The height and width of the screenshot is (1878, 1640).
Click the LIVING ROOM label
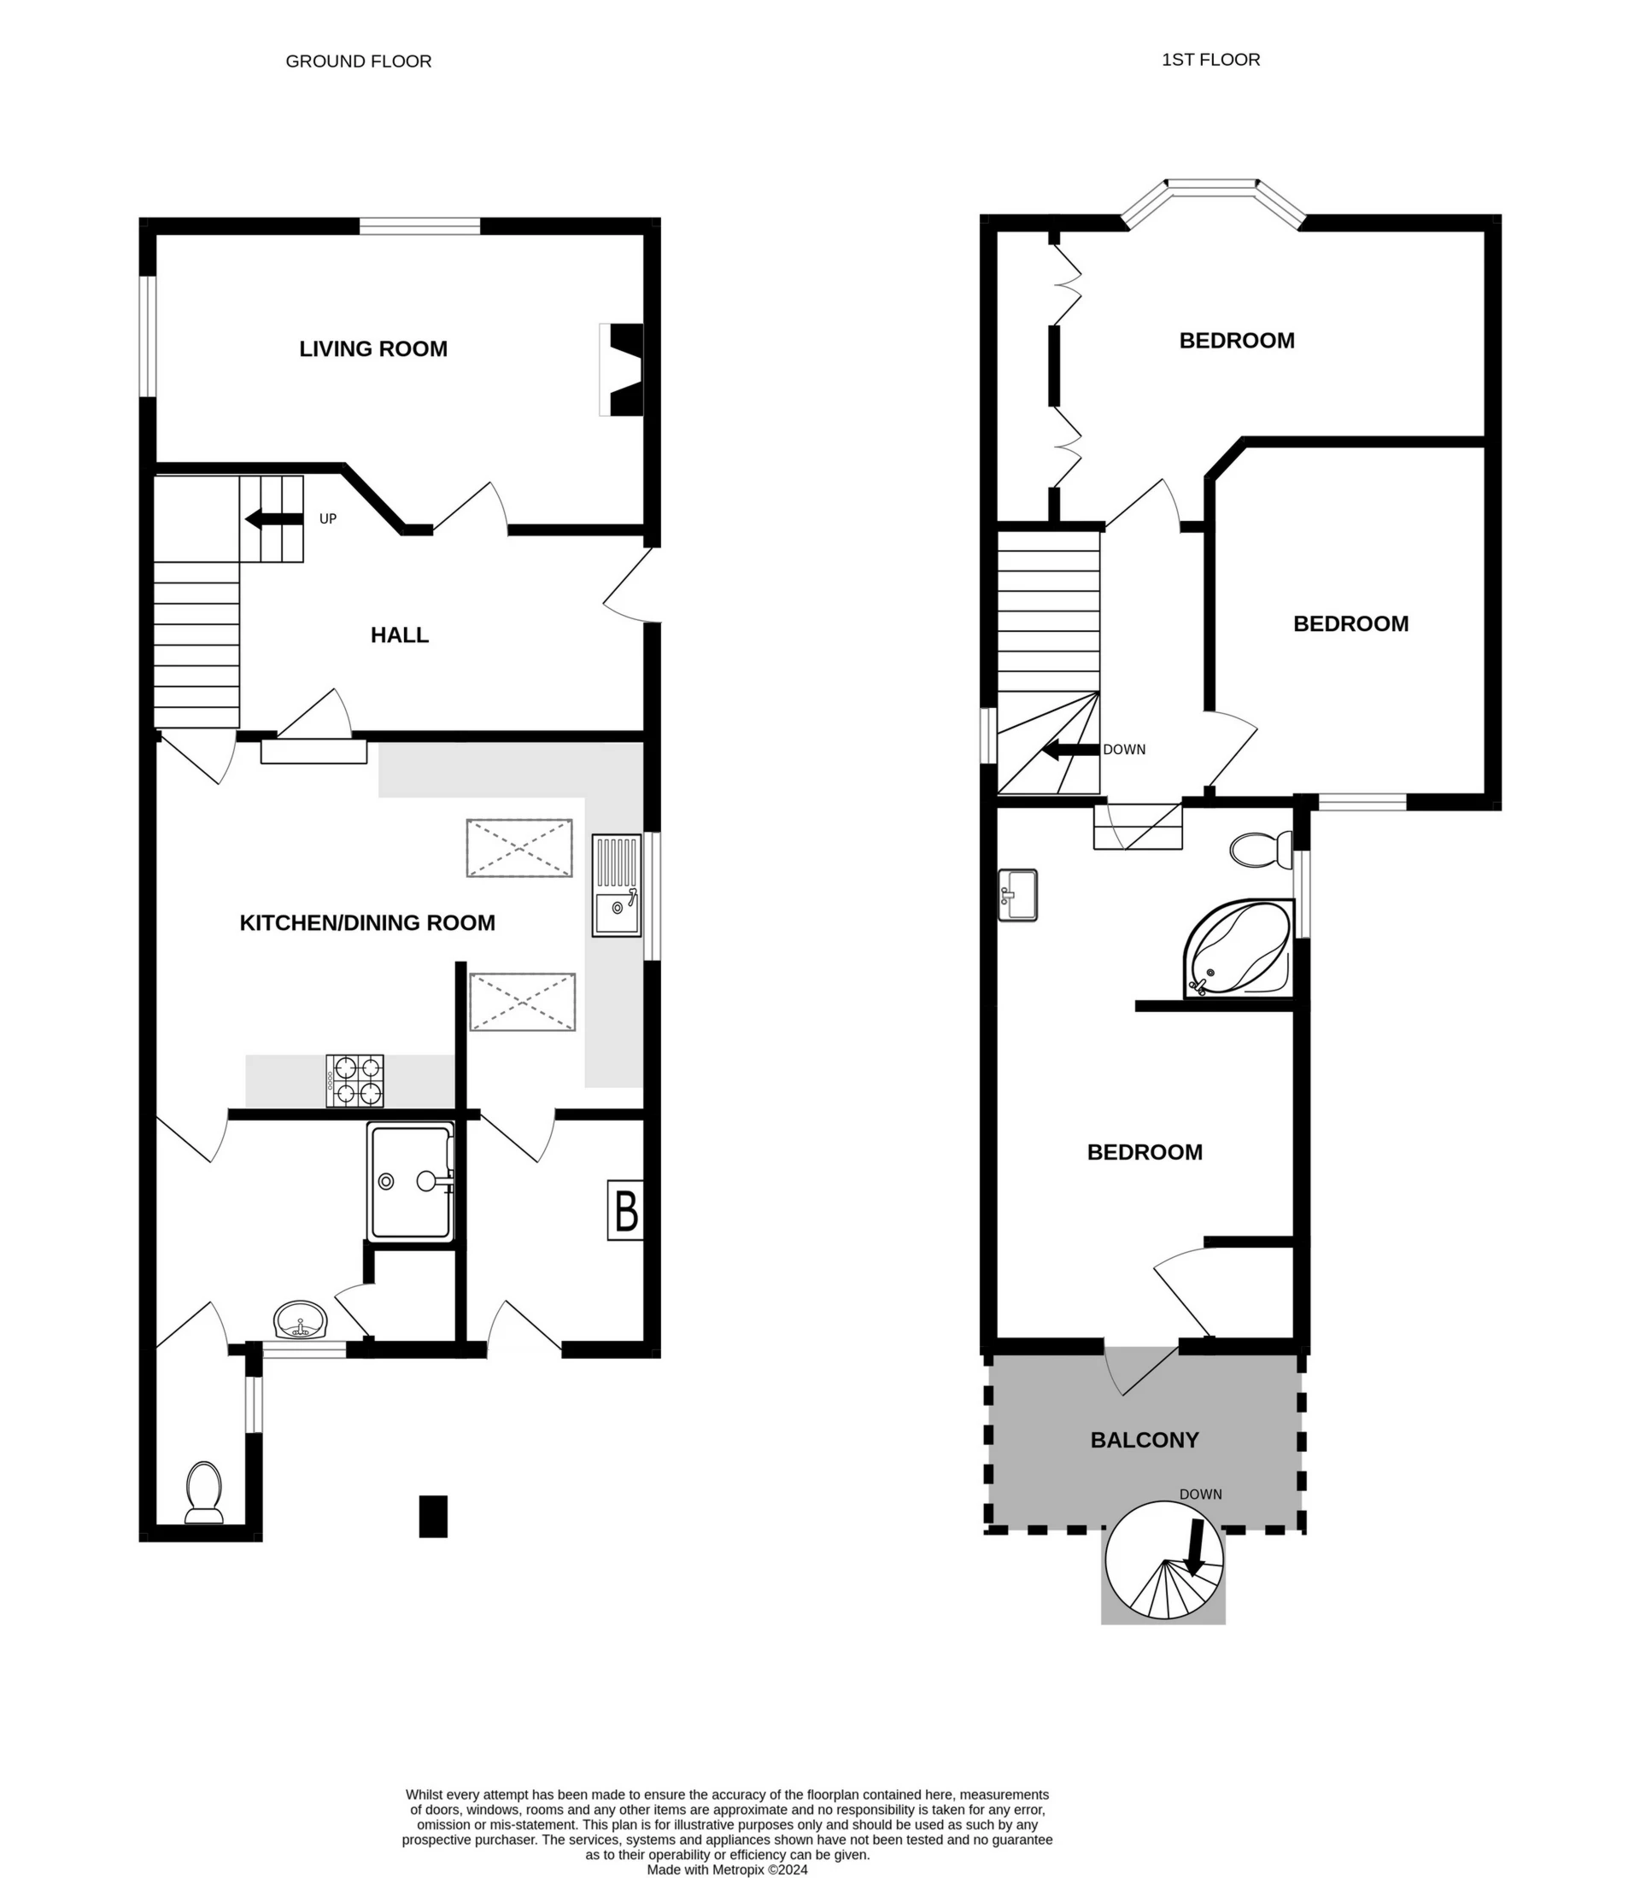372,348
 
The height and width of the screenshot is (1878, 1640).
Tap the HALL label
399,635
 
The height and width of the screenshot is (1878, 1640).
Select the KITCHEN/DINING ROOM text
367,922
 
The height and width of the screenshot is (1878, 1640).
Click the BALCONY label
1144,1440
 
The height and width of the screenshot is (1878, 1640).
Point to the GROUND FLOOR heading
358,61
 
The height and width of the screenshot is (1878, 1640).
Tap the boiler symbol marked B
625,1210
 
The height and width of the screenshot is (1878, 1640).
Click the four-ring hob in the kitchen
355,1081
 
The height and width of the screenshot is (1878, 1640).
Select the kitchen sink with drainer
617,885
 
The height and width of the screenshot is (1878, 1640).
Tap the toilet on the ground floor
204,1492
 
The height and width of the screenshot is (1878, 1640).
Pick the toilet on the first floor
1259,849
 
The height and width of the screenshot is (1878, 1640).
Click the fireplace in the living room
622,370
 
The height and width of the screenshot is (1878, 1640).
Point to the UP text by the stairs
328,519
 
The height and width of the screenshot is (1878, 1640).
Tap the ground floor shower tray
411,1180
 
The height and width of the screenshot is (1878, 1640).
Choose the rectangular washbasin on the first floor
1018,894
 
